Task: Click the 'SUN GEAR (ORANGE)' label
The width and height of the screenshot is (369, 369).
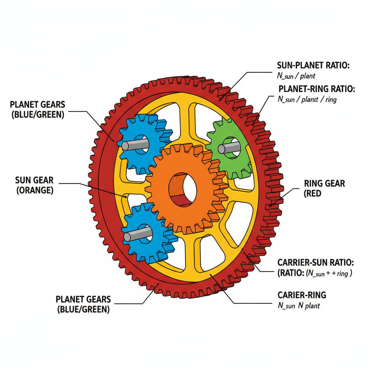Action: (35, 185)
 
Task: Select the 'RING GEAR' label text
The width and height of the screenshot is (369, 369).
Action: (324, 183)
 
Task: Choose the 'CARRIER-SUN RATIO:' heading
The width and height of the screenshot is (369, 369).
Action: (315, 262)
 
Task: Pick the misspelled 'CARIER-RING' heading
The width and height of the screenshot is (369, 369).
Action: (302, 295)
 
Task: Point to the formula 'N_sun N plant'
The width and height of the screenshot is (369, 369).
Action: (299, 306)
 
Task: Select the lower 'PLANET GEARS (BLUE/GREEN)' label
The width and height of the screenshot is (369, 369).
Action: (83, 304)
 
